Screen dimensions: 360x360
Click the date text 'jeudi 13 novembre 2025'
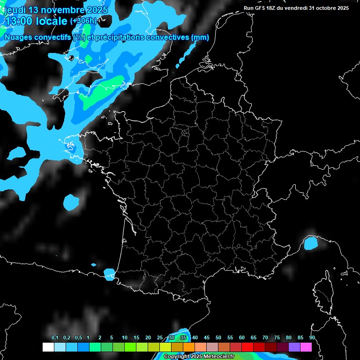pyautogui.click(x=55, y=10)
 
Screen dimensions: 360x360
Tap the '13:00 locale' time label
pyautogui.click(x=36, y=21)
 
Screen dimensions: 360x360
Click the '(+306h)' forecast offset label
pyautogui.click(x=83, y=21)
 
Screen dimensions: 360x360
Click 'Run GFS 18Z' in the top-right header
pyautogui.click(x=261, y=8)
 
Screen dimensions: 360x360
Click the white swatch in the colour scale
pyautogui.click(x=48, y=347)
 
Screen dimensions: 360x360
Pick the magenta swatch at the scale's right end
pyautogui.click(x=306, y=347)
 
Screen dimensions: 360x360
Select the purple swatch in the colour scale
pyautogui.click(x=294, y=347)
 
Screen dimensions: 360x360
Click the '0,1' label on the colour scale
pyautogui.click(x=55, y=338)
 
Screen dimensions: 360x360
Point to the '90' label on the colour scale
pyautogui.click(x=312, y=338)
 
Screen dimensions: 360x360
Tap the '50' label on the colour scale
pyautogui.click(x=218, y=338)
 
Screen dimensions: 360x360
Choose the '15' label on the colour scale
pyautogui.click(x=136, y=338)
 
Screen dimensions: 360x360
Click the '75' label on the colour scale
pyautogui.click(x=277, y=338)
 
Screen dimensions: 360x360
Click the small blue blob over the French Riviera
pyautogui.click(x=310, y=243)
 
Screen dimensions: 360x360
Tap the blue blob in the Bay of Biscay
pyautogui.click(x=72, y=202)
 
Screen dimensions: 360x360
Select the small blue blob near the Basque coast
pyautogui.click(x=109, y=272)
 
